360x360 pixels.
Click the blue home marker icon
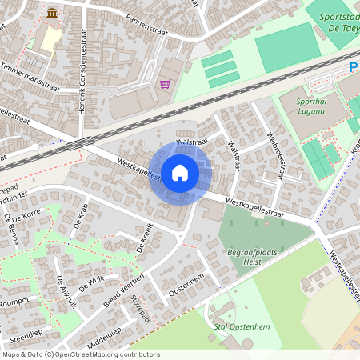(x=180, y=172)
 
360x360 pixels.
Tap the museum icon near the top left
(x=53, y=13)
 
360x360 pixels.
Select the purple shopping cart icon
(x=165, y=83)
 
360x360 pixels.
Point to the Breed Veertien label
(x=123, y=291)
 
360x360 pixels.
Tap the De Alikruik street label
(x=66, y=292)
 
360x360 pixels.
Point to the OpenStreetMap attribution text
(x=80, y=354)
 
